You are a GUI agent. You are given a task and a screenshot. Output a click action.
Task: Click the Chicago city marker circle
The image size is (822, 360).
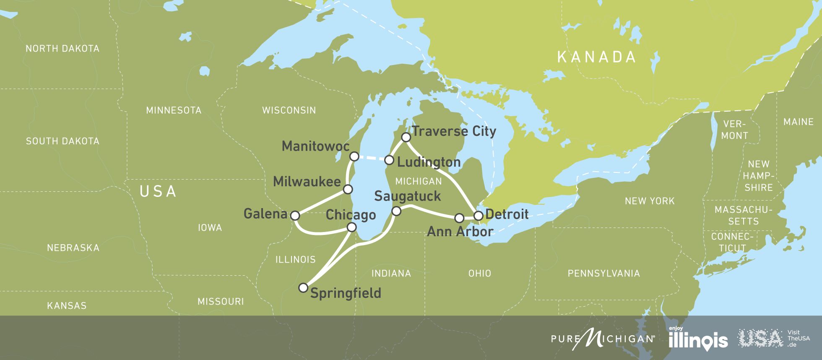[352, 227]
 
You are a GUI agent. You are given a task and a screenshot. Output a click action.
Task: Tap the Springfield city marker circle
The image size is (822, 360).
[303, 288]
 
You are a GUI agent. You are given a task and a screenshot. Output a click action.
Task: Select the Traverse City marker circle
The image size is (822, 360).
[406, 137]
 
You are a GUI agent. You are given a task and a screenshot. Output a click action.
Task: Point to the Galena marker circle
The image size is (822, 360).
[295, 216]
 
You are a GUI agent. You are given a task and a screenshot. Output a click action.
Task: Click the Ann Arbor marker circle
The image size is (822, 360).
[459, 218]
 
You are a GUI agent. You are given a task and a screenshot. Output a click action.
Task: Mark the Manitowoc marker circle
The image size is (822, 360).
[354, 157]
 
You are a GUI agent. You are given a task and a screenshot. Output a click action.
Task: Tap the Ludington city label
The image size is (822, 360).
[429, 162]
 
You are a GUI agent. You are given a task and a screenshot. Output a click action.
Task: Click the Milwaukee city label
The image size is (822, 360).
[307, 182]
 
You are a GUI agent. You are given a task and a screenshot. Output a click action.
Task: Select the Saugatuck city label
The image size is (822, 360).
[407, 196]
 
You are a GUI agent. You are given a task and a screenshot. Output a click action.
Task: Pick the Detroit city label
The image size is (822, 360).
[507, 214]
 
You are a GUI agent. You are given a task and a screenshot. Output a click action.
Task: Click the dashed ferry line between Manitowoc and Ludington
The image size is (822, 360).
[372, 158]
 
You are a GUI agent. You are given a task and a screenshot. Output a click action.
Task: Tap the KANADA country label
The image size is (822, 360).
[596, 57]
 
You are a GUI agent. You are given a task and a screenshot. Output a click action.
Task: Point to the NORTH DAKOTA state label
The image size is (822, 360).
[62, 49]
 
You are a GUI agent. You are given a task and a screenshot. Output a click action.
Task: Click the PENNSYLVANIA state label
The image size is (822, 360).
[603, 274]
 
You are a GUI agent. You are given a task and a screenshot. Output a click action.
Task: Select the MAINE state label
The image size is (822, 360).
[798, 122]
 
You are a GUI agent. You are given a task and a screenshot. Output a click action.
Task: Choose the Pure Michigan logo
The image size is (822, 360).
[603, 338]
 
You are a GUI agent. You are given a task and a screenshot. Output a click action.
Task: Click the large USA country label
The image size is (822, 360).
[158, 192]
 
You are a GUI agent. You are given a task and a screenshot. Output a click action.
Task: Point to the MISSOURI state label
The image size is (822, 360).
[221, 302]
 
